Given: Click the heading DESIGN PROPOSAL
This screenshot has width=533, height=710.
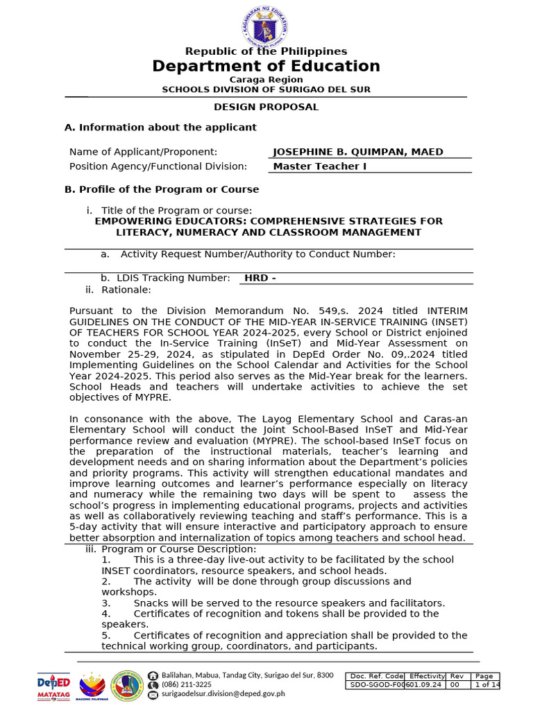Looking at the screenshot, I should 266,107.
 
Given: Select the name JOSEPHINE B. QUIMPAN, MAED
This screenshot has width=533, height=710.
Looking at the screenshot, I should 358,152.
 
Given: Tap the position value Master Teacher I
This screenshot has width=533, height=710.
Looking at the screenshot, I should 320,166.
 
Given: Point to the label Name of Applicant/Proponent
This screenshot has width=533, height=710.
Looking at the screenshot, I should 143,152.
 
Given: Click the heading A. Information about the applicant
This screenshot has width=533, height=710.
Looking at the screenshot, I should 160,128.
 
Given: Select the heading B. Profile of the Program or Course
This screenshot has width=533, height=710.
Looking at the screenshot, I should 162,189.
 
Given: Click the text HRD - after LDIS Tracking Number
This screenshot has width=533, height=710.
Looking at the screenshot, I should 260,278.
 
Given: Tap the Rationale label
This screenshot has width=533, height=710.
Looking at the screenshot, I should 126,290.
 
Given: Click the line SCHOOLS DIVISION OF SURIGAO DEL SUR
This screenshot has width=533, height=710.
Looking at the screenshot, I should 266,89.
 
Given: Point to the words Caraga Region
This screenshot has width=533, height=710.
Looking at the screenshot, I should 266,80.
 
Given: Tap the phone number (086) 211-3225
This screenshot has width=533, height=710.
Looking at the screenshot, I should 187,684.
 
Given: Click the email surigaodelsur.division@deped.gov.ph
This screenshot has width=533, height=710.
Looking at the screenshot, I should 223,693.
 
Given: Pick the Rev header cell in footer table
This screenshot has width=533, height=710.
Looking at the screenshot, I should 457,676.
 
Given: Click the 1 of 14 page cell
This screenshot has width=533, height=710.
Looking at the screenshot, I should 486,685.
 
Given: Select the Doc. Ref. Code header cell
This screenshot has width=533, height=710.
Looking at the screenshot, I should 376,676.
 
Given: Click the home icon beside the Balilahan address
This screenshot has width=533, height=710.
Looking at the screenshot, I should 153,675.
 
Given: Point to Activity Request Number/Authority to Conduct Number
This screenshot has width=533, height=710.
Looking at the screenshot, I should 257,254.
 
